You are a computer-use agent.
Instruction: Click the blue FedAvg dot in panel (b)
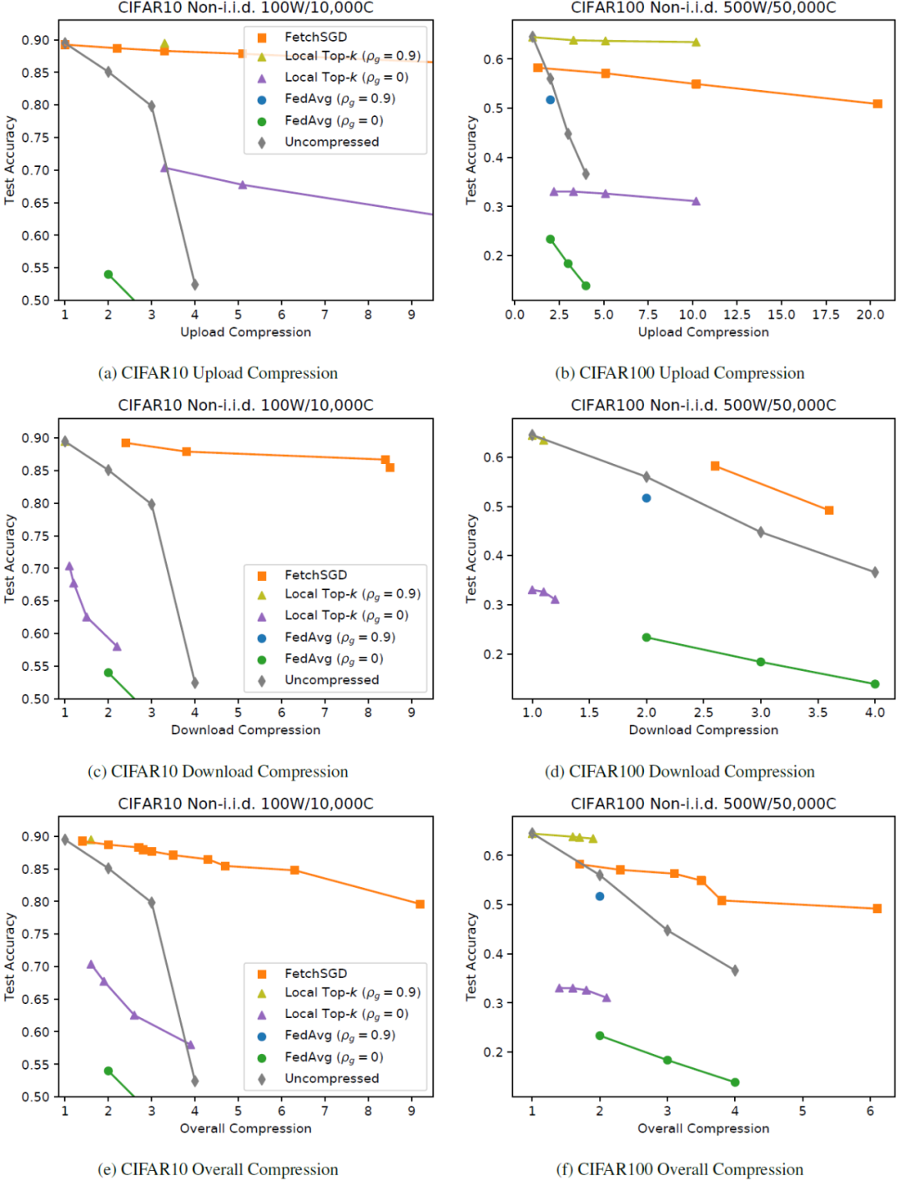pos(551,100)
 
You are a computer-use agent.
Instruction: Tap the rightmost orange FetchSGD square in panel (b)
pos(878,104)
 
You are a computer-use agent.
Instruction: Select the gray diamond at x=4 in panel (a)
pos(195,285)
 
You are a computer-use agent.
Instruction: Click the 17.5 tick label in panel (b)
pos(826,315)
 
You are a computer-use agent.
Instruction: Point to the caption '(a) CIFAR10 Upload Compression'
pos(218,373)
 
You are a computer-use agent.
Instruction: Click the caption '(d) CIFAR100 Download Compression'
pos(680,771)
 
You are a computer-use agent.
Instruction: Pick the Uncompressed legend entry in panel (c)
pos(331,680)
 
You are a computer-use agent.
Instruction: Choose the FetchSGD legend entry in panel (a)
pos(315,37)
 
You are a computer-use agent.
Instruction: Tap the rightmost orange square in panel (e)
pos(420,904)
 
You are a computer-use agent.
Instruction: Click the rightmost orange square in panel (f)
pos(877,909)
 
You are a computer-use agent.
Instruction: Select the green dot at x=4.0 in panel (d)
pos(875,684)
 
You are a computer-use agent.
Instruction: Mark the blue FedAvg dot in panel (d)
pos(647,498)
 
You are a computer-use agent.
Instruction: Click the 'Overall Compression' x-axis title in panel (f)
pos(703,1128)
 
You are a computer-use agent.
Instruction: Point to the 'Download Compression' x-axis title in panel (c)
pos(245,730)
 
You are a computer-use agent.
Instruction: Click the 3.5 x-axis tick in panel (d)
pos(818,713)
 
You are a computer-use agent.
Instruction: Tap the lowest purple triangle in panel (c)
pos(117,647)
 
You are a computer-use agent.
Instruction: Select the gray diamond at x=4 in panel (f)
pos(735,971)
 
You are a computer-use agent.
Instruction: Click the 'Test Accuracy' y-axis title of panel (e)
pos(10,956)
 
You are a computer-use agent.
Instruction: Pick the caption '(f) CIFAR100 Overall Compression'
pos(680,1169)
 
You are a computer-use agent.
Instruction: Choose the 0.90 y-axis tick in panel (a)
pos(36,40)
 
